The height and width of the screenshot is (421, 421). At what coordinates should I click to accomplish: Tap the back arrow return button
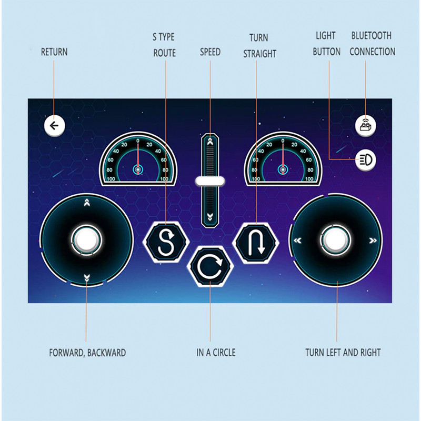[x=54, y=126]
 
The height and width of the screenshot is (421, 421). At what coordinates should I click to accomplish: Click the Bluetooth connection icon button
[x=365, y=126]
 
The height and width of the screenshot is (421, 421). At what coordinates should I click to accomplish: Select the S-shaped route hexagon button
[x=166, y=242]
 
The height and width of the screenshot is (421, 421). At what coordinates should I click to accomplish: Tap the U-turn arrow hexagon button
[x=256, y=242]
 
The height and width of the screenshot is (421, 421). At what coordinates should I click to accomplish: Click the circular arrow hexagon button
[x=210, y=267]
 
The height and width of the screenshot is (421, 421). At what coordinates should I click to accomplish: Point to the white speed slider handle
[x=210, y=182]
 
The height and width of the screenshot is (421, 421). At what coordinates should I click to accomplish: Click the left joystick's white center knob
[x=86, y=239]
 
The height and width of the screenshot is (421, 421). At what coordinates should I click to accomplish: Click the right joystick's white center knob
[x=336, y=240]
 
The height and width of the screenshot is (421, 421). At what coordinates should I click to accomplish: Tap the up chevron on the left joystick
[x=86, y=202]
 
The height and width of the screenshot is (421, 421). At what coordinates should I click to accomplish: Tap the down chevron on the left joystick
[x=86, y=277]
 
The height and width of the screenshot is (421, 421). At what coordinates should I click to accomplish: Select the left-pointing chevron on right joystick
[x=298, y=240]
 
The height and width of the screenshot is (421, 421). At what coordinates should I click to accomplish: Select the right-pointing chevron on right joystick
[x=373, y=240]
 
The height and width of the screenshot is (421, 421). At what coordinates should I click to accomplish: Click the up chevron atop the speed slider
[x=210, y=141]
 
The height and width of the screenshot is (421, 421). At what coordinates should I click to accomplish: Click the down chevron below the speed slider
[x=210, y=217]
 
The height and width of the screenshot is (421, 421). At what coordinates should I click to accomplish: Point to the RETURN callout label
[x=54, y=52]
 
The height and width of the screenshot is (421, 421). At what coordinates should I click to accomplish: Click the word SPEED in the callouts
[x=210, y=52]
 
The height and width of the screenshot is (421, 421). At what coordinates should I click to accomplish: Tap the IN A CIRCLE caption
[x=216, y=353]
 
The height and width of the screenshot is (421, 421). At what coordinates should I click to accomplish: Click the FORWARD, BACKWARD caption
[x=87, y=353]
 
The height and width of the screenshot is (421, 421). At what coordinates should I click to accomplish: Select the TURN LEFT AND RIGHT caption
[x=343, y=353]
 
